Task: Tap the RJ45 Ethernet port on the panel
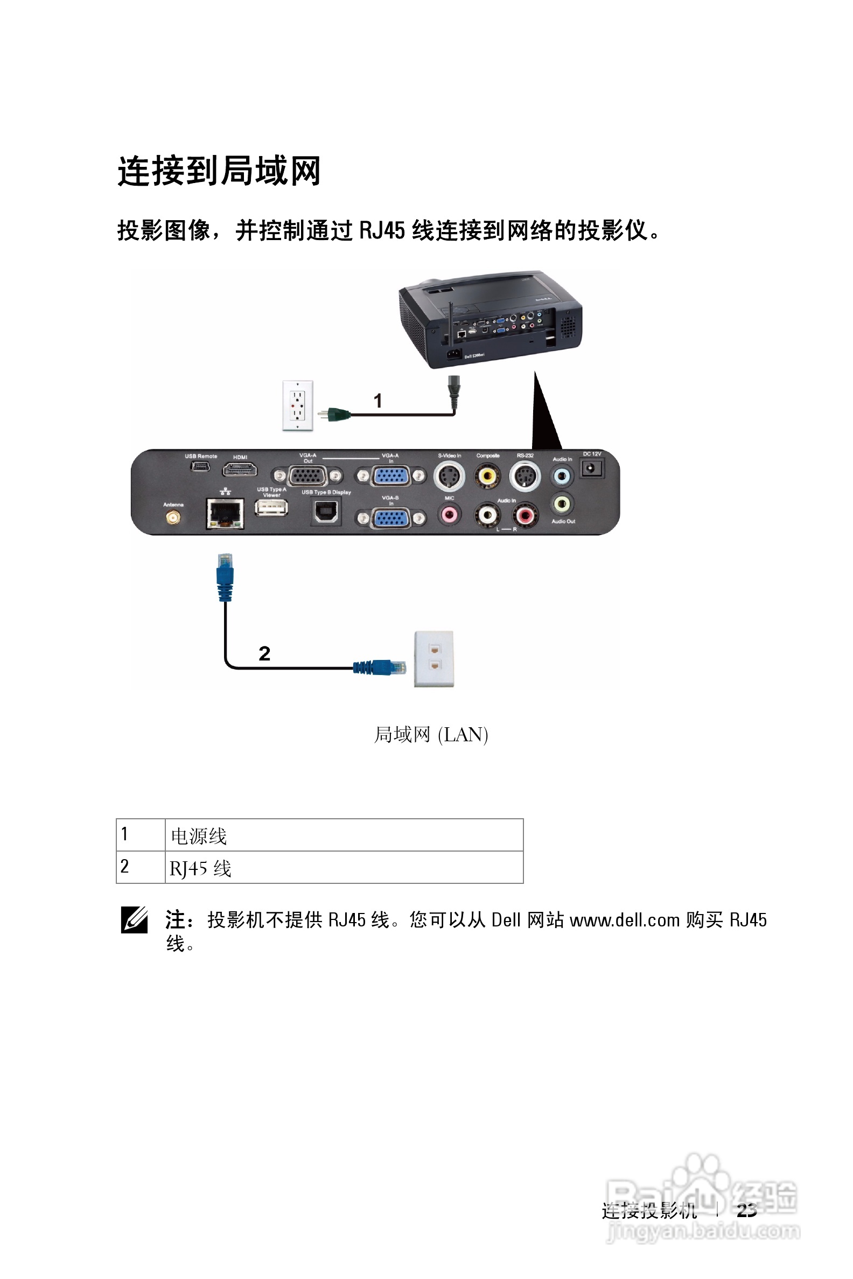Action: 225,513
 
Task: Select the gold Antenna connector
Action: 173,517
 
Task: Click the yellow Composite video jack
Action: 487,476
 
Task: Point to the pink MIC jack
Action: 449,514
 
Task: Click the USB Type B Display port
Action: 326,512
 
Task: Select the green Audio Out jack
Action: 562,504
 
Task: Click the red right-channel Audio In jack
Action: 525,515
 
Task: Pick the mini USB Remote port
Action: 200,467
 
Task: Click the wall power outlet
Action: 298,406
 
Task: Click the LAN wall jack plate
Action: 434,658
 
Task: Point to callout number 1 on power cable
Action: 377,402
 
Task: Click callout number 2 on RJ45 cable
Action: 264,653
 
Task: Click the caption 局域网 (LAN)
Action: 431,735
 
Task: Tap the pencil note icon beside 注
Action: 135,920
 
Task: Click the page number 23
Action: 746,1211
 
